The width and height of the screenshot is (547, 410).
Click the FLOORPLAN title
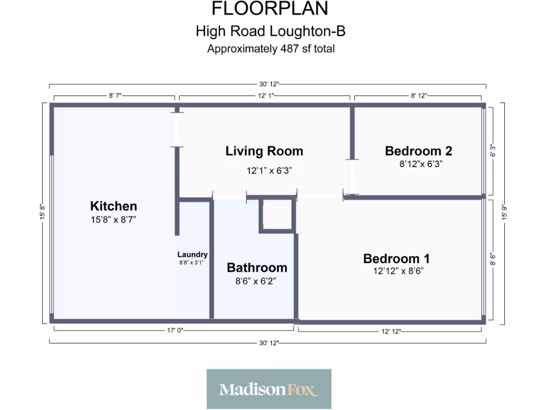click(270, 9)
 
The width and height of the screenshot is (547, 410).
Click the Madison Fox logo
click(269, 389)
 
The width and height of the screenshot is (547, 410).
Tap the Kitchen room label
click(113, 206)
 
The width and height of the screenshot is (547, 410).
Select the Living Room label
click(264, 151)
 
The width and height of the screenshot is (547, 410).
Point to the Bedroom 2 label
click(419, 151)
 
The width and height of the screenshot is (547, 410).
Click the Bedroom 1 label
click(396, 259)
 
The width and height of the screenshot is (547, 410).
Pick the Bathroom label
click(257, 267)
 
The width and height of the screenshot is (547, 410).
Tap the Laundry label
click(192, 255)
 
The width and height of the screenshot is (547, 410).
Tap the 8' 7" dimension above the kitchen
click(115, 96)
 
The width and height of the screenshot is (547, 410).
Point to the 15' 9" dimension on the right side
click(502, 212)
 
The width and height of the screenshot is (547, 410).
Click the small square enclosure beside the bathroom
click(276, 215)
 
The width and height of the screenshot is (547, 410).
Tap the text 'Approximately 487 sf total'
click(271, 49)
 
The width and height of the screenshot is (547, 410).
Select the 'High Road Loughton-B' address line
click(270, 31)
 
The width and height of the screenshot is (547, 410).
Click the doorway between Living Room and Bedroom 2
click(352, 177)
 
